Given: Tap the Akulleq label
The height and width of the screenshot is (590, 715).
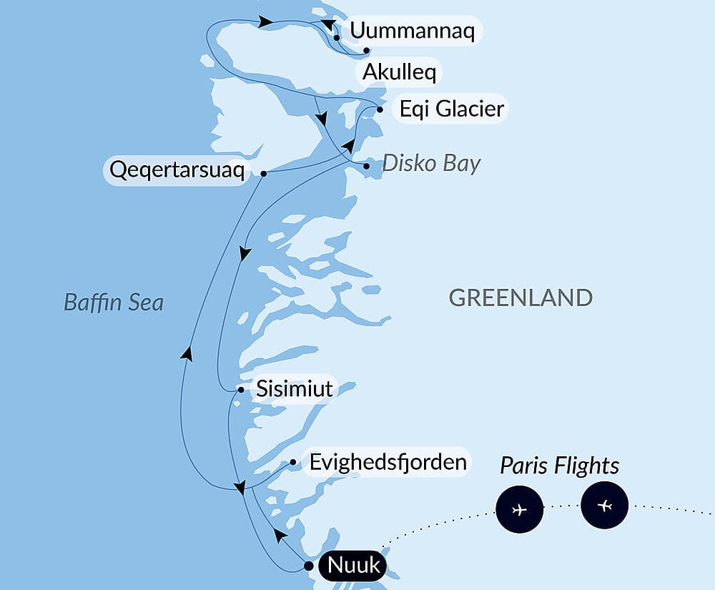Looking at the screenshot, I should [x=400, y=72].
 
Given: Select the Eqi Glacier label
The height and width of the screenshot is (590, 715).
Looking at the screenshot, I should [x=452, y=109].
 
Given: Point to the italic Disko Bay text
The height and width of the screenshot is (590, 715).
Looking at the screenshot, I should [x=431, y=163].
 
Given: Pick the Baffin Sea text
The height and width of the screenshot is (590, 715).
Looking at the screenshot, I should [x=114, y=303].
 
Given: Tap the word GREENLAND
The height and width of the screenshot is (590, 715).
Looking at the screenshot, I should [x=521, y=298].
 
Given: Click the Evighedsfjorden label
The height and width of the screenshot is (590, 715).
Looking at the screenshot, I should [x=388, y=461].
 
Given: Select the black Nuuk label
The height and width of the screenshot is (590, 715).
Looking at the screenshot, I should [x=353, y=566].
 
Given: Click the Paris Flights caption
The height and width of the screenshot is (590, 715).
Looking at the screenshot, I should [x=559, y=466].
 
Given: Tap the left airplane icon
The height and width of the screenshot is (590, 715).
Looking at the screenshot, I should [x=519, y=509].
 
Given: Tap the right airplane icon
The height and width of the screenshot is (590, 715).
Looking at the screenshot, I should [x=605, y=506].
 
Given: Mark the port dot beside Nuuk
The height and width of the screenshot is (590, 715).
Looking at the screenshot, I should [x=308, y=566].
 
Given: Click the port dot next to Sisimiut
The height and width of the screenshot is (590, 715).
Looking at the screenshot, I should [x=242, y=390].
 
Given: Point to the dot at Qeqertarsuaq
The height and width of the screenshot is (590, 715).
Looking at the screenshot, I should [x=264, y=174].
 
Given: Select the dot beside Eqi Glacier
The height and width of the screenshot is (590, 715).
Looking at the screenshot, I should [x=380, y=109].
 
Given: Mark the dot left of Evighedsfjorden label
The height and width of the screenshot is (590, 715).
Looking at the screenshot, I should [x=293, y=462].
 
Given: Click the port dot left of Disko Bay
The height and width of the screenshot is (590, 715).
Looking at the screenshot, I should [x=367, y=166].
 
